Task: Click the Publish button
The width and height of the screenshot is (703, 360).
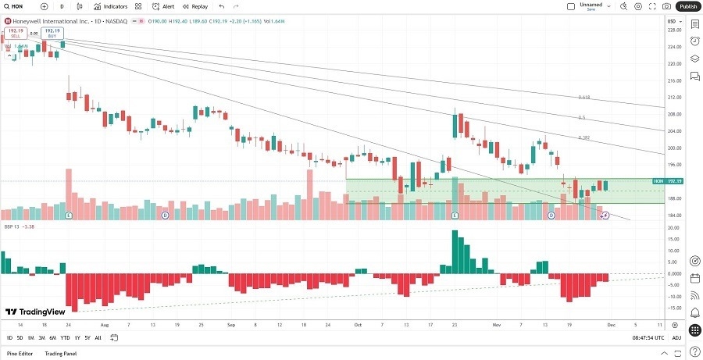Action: (688, 6)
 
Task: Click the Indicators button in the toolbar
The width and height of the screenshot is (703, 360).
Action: (112, 6)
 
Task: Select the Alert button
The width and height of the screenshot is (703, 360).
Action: (164, 6)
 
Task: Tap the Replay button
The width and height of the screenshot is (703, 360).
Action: (196, 6)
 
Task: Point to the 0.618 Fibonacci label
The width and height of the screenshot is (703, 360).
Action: (583, 98)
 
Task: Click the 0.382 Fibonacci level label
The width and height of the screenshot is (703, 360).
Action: (583, 137)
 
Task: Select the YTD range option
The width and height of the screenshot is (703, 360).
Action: (65, 337)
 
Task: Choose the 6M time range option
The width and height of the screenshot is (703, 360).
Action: (52, 337)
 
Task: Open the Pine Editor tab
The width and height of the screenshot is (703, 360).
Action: (20, 354)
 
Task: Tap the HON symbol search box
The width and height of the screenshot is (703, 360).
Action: (17, 6)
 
